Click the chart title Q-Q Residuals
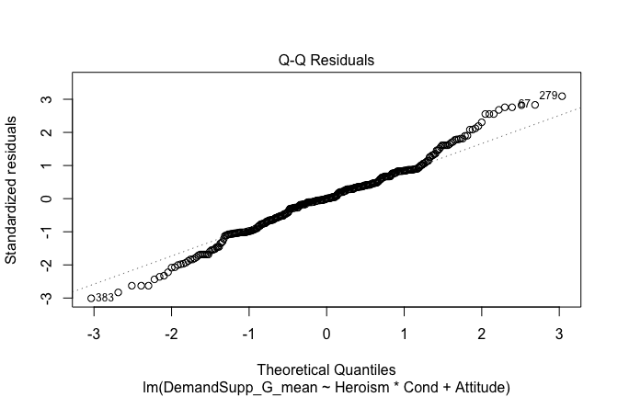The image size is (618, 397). pyautogui.click(x=326, y=61)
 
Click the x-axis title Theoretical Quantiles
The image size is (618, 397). pyautogui.click(x=326, y=370)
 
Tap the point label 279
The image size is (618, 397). pyautogui.click(x=548, y=95)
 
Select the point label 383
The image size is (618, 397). pyautogui.click(x=105, y=298)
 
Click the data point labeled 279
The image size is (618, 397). pyautogui.click(x=562, y=96)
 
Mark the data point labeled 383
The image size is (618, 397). pyautogui.click(x=91, y=298)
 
